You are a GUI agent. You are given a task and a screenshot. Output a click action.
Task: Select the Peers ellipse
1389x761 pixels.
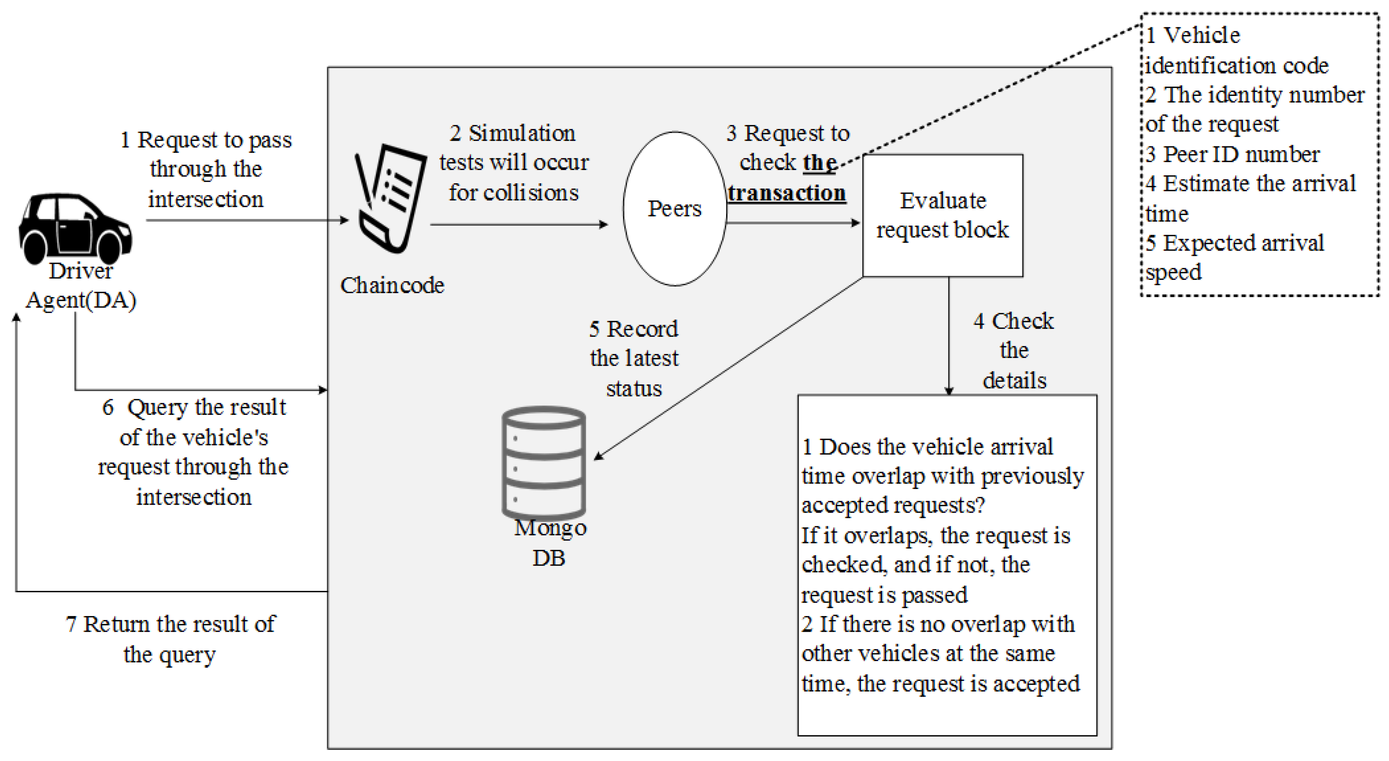coord(674,209)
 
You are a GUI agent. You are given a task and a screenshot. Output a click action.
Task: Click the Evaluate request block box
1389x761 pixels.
coord(943,216)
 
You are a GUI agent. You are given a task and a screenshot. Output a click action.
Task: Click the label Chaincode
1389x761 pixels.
coord(392,285)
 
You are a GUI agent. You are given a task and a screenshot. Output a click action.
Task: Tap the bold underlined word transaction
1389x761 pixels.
coord(787,193)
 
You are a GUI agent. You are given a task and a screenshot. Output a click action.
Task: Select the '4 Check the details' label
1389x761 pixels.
coord(1014,350)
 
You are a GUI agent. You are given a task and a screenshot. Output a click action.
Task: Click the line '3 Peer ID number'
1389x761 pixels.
coord(1233,154)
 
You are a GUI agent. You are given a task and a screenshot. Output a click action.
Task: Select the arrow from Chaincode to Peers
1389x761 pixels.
coord(519,224)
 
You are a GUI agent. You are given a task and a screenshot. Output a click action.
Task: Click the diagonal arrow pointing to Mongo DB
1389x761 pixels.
coord(728,368)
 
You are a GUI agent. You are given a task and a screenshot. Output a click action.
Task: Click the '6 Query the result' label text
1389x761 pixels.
coord(194,407)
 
